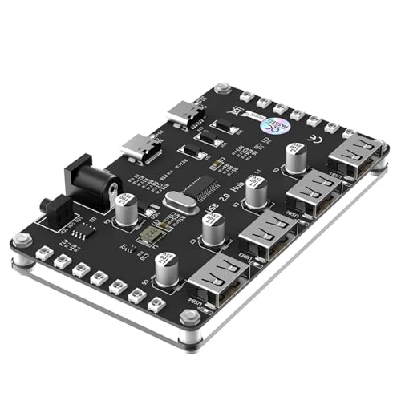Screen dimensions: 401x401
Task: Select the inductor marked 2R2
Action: coord(148,233)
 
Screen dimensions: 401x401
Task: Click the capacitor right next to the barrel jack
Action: coord(128,209)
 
